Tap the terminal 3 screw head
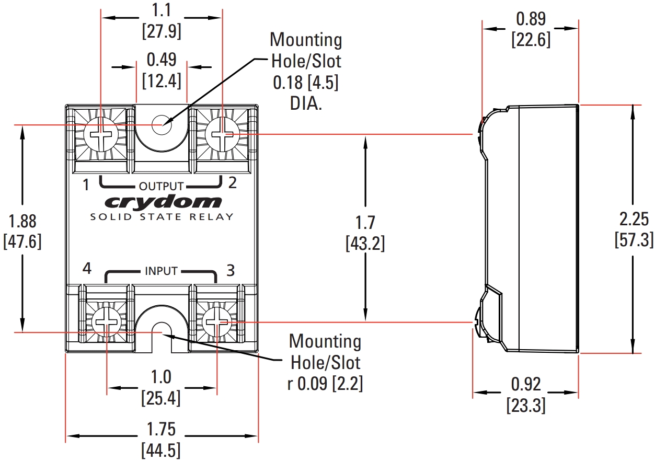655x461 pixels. point(216,322)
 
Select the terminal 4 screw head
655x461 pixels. point(107,323)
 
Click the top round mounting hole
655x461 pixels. point(160,125)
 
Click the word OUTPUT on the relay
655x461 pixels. point(161,186)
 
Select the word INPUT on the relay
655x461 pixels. point(161,271)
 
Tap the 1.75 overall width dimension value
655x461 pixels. point(161,430)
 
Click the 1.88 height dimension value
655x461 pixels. point(22,222)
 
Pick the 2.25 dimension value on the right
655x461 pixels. point(634,219)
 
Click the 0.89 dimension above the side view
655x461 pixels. point(530,19)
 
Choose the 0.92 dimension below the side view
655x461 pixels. point(526,384)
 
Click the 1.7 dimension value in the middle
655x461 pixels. point(365,223)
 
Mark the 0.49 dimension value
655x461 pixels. point(162,60)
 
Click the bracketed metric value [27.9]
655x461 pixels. point(162,31)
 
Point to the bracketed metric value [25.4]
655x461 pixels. point(161,398)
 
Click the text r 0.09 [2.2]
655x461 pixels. point(325,383)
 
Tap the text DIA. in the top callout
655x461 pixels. point(306,103)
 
